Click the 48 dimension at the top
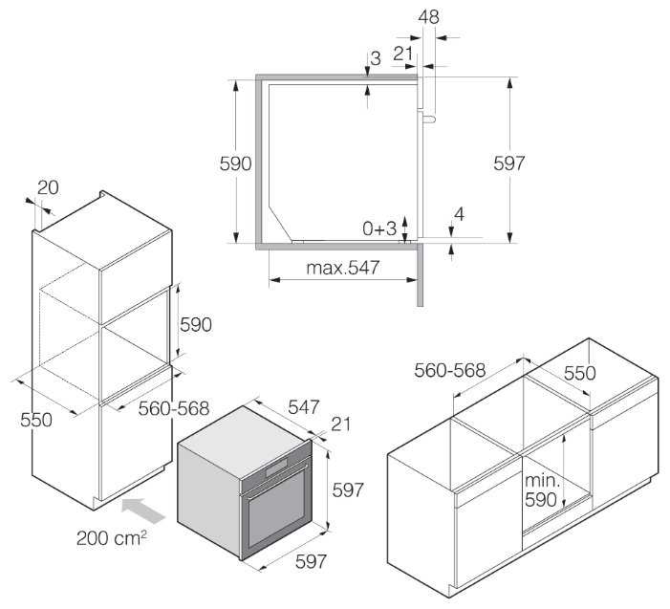coord(428,17)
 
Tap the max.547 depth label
coord(343,268)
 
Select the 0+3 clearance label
coord(379,228)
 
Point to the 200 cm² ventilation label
coord(112,537)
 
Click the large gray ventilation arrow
coord(143,510)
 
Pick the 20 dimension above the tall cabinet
coord(48,187)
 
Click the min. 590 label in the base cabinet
coord(542,490)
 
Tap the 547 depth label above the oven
coord(303,407)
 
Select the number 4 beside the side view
coord(459,214)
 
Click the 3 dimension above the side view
coord(376,58)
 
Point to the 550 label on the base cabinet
coord(579,373)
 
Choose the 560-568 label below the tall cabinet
coord(174,408)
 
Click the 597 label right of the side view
coord(508,163)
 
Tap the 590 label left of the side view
coord(235,163)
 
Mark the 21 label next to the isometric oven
coord(340,424)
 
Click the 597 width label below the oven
coord(311,561)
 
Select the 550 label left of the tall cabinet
coord(36,420)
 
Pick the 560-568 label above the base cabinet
coord(449,370)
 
